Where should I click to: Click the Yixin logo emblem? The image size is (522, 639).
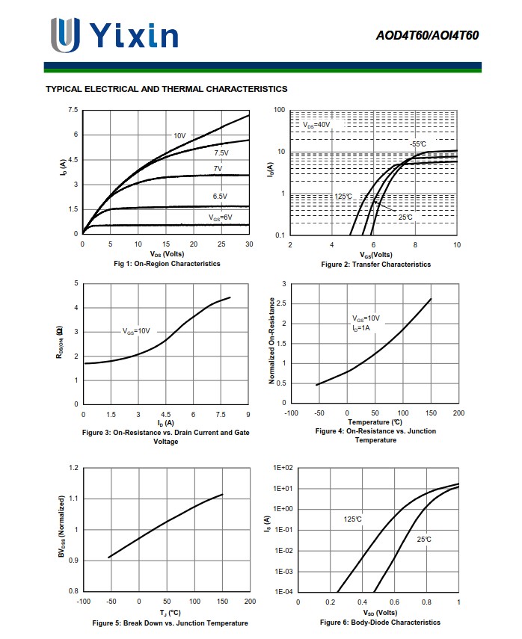pyautogui.click(x=64, y=34)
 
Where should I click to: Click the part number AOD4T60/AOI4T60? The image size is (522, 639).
pyautogui.click(x=428, y=35)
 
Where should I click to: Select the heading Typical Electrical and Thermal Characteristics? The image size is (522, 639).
pyautogui.click(x=166, y=89)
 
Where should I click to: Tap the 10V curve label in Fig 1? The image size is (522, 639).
pyautogui.click(x=179, y=135)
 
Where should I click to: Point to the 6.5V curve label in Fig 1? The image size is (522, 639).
pyautogui.click(x=220, y=196)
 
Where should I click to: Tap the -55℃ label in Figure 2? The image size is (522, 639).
pyautogui.click(x=417, y=143)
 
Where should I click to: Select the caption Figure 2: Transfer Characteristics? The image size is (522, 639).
pyautogui.click(x=375, y=264)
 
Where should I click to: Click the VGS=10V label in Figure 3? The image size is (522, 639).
pyautogui.click(x=136, y=330)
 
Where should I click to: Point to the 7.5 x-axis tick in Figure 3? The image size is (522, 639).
pyautogui.click(x=221, y=414)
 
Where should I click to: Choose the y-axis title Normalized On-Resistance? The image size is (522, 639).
pyautogui.click(x=271, y=341)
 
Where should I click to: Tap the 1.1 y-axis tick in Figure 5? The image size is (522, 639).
pyautogui.click(x=73, y=498)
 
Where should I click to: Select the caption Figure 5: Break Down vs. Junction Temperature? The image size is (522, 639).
pyautogui.click(x=170, y=623)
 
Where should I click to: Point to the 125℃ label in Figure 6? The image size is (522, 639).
pyautogui.click(x=352, y=519)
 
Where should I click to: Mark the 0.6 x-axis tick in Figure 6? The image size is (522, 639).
pyautogui.click(x=394, y=602)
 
